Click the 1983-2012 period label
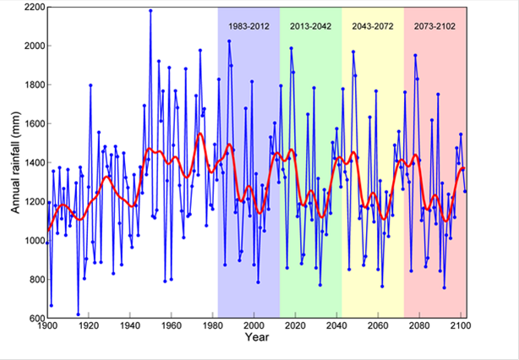[248, 26]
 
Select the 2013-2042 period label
[310, 26]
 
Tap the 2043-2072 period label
[372, 26]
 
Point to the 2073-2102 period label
[434, 26]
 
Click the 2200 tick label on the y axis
[34, 8]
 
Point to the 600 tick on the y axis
[37, 319]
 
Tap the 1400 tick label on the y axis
[34, 163]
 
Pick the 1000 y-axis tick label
[34, 241]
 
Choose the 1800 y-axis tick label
[34, 85]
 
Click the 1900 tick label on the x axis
[47, 326]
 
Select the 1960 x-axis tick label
[172, 326]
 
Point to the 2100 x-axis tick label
[462, 326]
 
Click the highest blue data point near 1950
[150, 11]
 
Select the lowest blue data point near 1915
[79, 314]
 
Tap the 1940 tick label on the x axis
[130, 326]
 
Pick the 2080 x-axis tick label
[420, 326]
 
